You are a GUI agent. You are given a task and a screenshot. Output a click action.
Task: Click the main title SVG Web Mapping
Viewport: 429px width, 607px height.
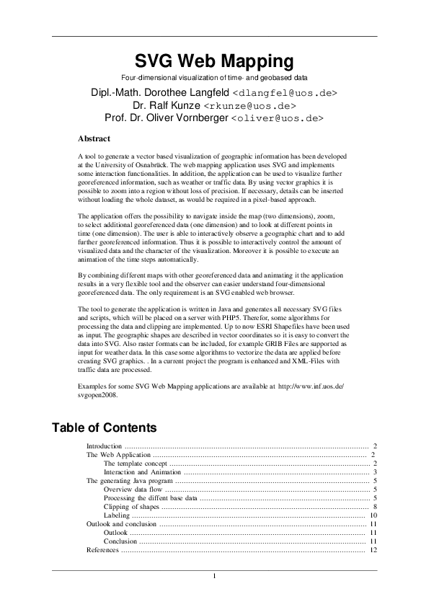(214, 60)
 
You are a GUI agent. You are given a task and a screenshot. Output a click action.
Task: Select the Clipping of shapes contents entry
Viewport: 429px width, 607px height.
(131, 507)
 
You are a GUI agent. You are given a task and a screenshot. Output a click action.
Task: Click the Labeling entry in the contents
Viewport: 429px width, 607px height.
(117, 515)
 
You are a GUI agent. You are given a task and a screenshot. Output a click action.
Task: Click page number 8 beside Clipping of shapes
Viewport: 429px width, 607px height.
(375, 507)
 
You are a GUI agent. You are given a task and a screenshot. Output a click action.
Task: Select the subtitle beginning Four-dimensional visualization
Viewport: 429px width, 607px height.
(214, 77)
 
